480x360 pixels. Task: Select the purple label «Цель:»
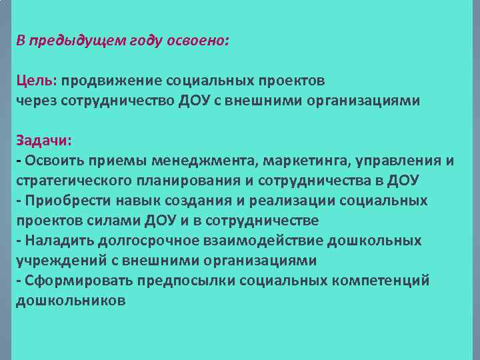(36, 81)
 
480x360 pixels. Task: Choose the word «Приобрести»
(60, 201)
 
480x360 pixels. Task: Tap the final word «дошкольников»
(69, 301)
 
